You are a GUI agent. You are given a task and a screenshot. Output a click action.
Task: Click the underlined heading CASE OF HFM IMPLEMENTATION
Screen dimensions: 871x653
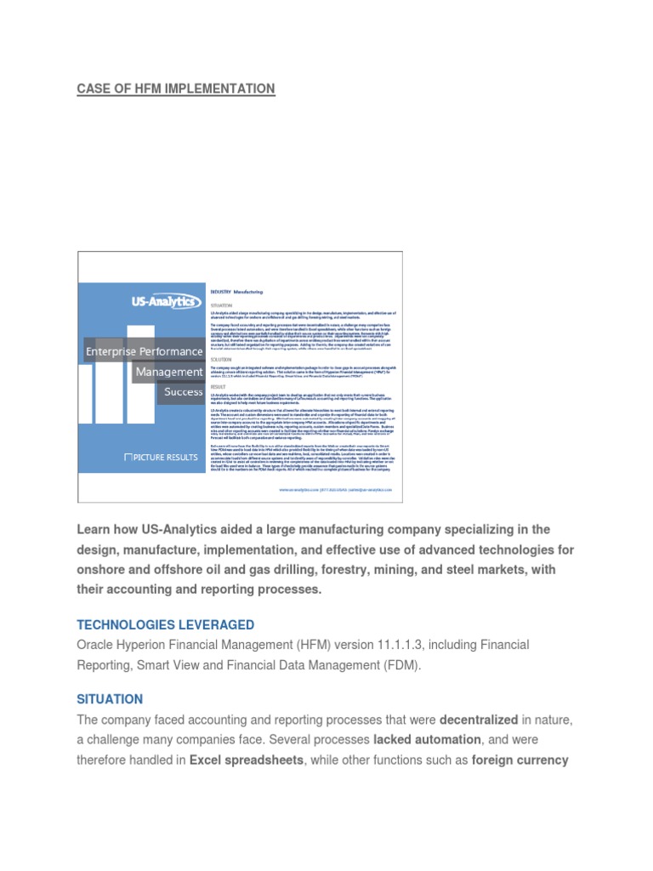point(176,88)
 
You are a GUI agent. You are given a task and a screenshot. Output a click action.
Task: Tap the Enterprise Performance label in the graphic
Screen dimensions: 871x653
point(144,351)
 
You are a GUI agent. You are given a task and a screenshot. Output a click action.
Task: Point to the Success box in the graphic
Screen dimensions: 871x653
point(183,392)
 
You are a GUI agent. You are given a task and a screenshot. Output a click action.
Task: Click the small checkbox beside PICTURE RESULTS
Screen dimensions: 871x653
point(128,458)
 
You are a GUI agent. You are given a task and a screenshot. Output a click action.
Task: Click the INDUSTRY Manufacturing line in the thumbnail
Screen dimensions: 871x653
point(238,291)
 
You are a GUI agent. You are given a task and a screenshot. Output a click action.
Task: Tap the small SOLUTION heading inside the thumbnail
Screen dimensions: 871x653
point(220,360)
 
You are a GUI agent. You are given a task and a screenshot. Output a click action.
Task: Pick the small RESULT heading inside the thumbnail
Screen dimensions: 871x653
point(218,385)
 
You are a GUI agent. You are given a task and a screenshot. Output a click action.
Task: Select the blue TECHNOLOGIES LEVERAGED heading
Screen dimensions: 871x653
point(165,625)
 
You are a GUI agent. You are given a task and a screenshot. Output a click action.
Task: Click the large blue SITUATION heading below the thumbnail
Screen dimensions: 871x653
point(110,699)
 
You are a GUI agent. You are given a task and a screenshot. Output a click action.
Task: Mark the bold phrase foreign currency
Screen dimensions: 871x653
point(520,760)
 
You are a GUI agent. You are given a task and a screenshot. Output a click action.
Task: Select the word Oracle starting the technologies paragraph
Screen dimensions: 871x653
point(96,645)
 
